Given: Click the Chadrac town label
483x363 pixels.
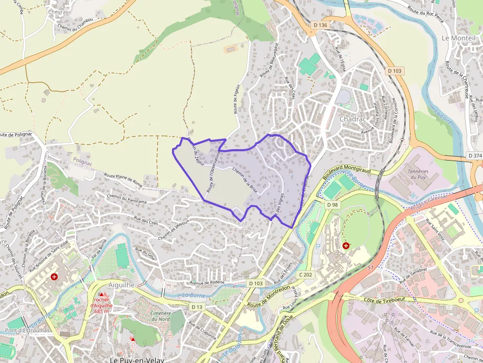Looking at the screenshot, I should [x=351, y=119].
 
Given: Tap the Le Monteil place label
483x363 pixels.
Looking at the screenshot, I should [x=458, y=38].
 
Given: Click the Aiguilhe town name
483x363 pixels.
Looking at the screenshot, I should [x=121, y=285].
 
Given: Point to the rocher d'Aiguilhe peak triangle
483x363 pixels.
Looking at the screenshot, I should [x=102, y=294].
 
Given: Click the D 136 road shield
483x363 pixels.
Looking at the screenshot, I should [x=320, y=25].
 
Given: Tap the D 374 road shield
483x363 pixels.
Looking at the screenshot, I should [x=475, y=156].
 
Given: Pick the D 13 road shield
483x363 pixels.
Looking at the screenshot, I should [x=197, y=307].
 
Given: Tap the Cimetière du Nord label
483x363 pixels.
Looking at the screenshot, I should [x=160, y=316].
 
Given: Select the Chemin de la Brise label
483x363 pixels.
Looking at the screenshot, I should [x=244, y=181].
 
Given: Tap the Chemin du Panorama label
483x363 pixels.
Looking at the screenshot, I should [x=127, y=198].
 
